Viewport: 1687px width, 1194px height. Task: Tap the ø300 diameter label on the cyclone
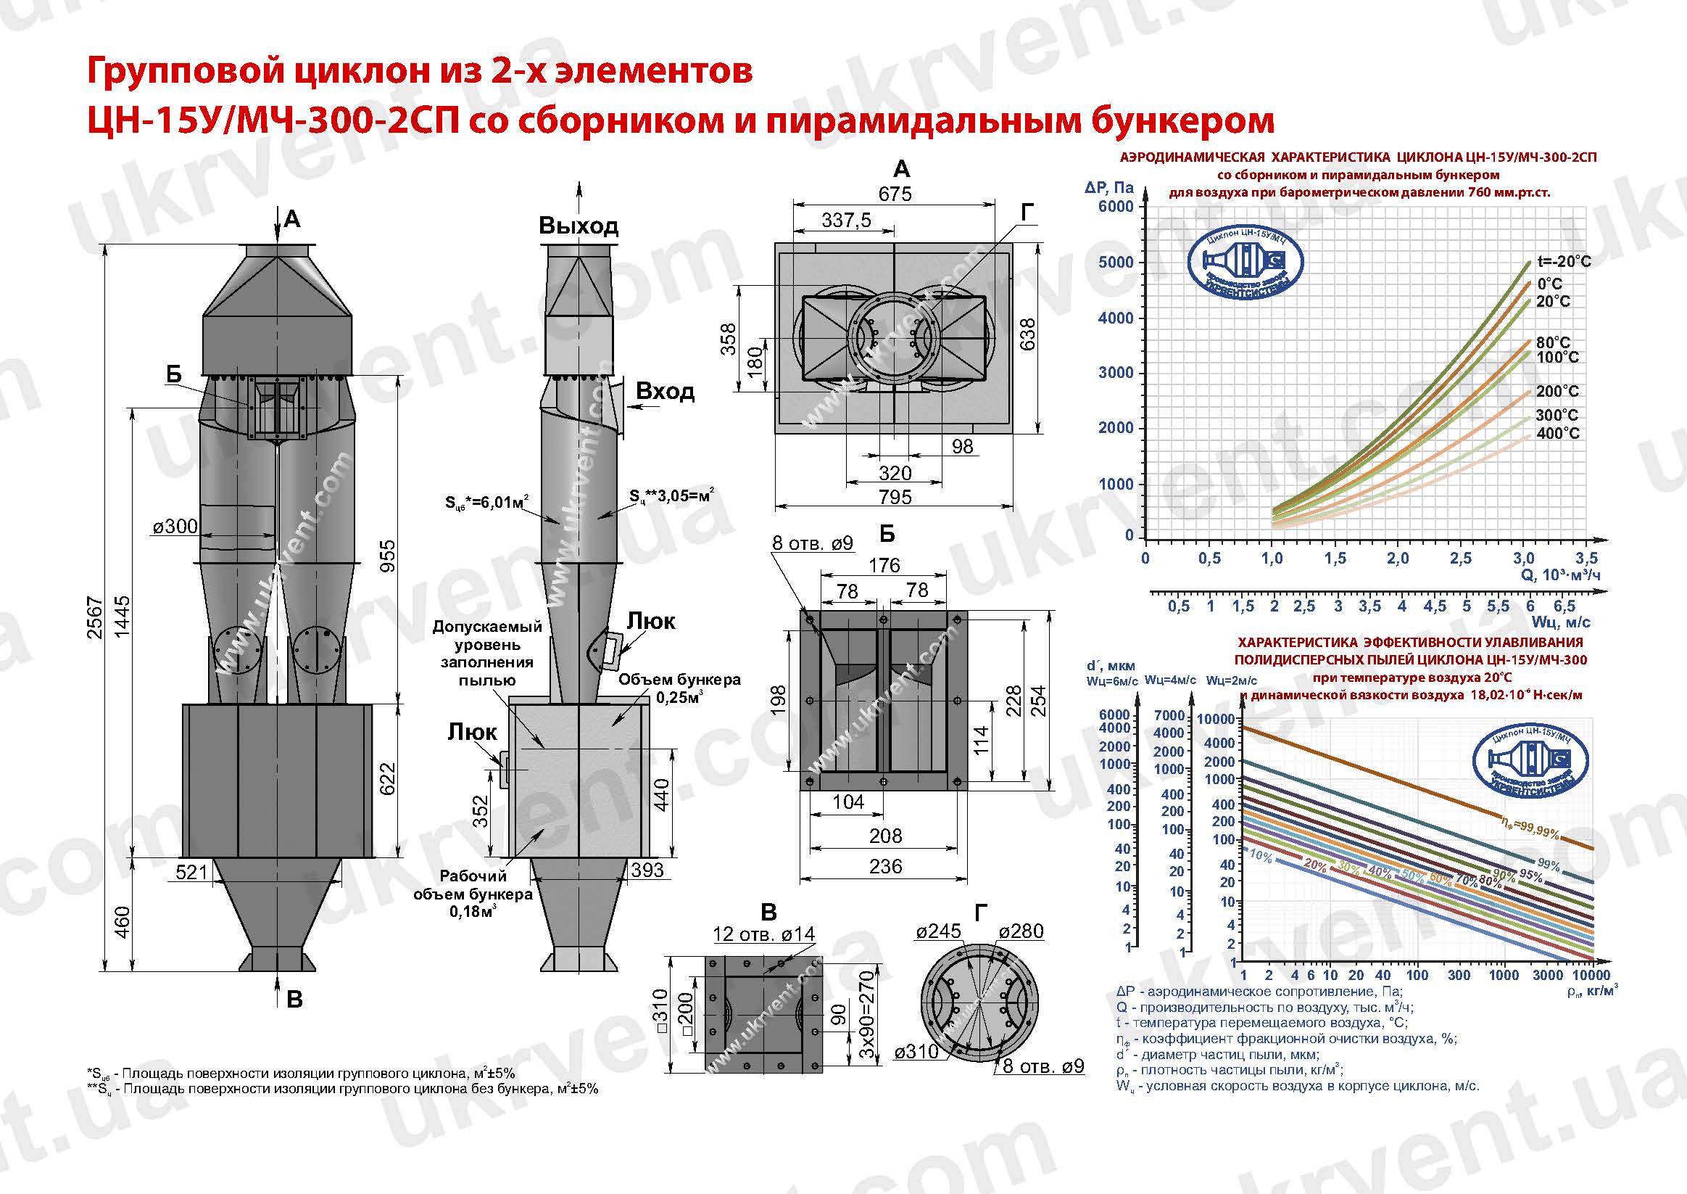point(175,527)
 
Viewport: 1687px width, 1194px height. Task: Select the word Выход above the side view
point(579,226)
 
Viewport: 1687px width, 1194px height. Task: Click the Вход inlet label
point(664,391)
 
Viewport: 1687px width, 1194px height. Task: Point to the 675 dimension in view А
point(894,194)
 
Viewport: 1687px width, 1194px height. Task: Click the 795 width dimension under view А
point(894,498)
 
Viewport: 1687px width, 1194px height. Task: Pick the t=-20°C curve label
point(1564,262)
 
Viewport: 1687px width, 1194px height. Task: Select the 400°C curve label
point(1558,434)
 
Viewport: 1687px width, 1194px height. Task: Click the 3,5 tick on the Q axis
point(1586,558)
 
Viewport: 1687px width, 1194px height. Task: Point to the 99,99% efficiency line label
point(1530,832)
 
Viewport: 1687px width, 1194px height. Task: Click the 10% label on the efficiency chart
point(1260,857)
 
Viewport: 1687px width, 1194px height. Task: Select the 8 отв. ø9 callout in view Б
point(812,543)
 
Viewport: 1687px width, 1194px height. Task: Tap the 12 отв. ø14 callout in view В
point(763,934)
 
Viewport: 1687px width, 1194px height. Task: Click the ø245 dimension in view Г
point(937,931)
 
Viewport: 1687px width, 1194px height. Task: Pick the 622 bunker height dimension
point(389,779)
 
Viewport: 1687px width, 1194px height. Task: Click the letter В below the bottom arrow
point(294,1000)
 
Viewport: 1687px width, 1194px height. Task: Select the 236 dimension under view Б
point(884,867)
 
